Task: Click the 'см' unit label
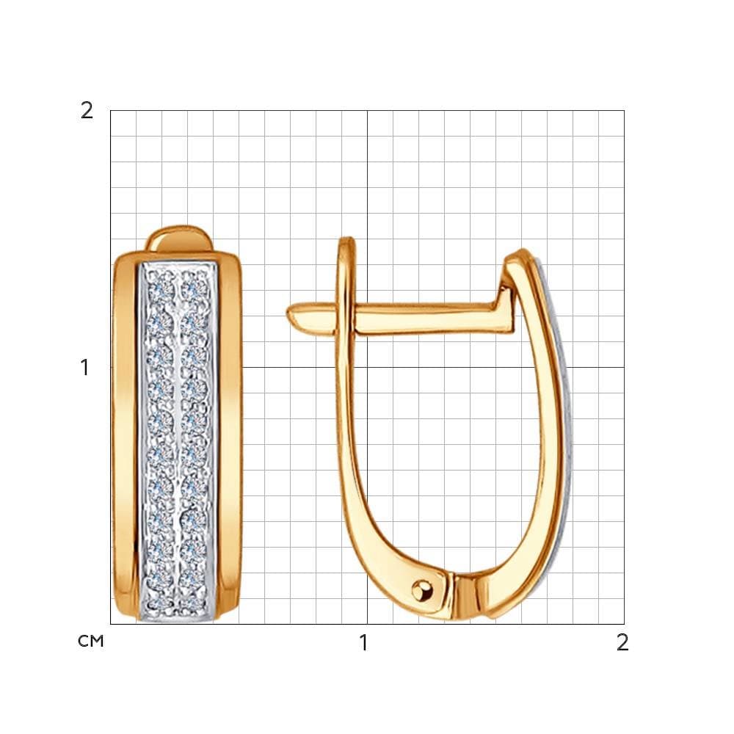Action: [x=91, y=641]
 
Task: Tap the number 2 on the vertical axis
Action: [x=87, y=111]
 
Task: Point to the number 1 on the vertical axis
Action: [x=84, y=368]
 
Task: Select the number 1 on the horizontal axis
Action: [x=363, y=643]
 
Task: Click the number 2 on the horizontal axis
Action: [x=622, y=643]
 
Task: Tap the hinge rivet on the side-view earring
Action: [x=423, y=591]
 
